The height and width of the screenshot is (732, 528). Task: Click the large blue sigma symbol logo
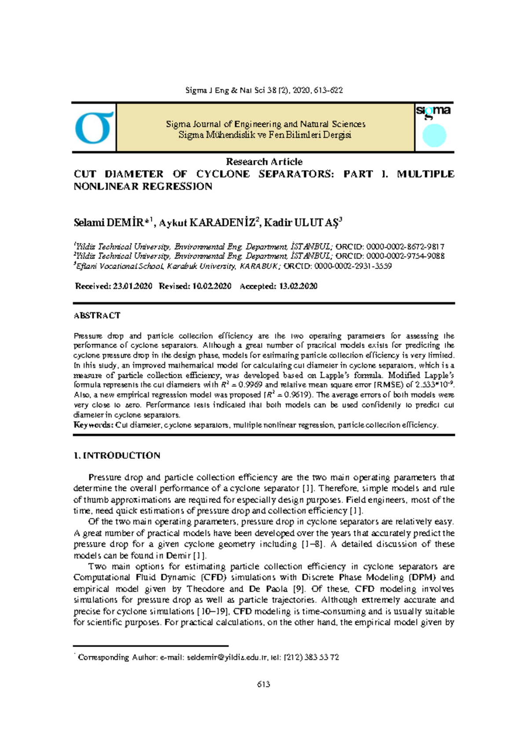pos(94,128)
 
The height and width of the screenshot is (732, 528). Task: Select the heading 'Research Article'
pos(264,161)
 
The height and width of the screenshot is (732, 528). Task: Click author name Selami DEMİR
pos(113,223)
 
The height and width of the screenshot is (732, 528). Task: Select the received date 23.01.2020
pos(132,286)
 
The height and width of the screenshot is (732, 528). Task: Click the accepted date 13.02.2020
pos(298,286)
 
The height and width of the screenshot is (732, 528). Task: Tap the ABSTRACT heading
pos(97,315)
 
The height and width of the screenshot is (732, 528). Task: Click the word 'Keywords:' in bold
pos(93,425)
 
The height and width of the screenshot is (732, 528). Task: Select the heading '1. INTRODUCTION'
pos(117,455)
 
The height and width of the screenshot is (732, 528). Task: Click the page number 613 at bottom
pos(264,684)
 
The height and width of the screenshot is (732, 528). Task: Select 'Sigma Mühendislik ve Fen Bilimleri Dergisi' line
pos(265,135)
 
